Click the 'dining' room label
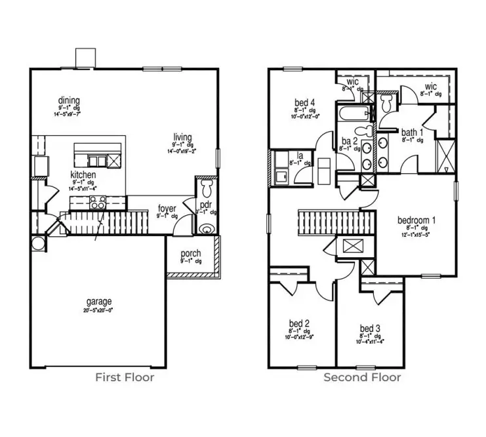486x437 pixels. [68, 100]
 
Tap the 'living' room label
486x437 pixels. [182, 138]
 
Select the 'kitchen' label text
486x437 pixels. [84, 175]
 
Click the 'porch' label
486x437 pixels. [190, 254]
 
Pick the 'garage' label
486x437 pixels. [99, 301]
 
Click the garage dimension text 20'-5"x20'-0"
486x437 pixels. [99, 310]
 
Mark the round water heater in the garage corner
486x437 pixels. [37, 243]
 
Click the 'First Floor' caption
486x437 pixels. [125, 377]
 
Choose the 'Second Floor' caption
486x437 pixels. [362, 377]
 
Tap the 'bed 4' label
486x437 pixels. [304, 102]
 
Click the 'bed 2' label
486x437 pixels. [298, 323]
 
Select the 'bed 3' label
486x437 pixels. [370, 328]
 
